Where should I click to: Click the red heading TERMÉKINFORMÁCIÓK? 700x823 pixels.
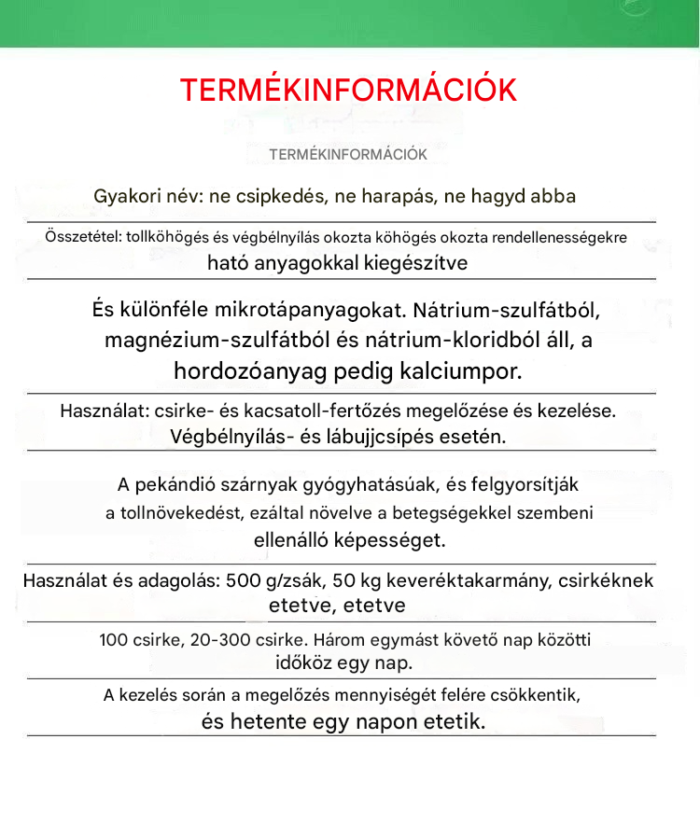[x=348, y=91]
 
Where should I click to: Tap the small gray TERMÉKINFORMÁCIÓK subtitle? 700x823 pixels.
[x=348, y=155]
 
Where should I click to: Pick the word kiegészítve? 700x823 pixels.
[x=414, y=263]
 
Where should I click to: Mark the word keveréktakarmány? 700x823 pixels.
[x=469, y=580]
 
